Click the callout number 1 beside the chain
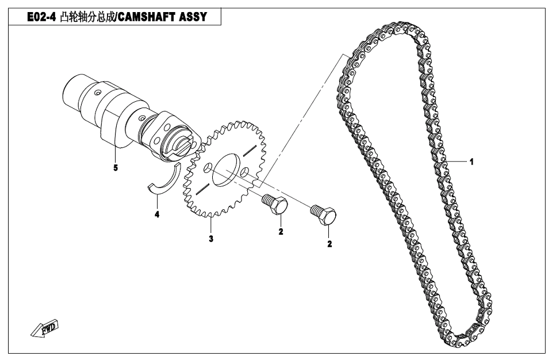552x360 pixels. click(x=471, y=162)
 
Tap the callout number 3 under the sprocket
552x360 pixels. click(x=211, y=239)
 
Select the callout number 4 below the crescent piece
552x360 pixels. click(x=157, y=214)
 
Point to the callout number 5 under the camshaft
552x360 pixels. click(x=116, y=168)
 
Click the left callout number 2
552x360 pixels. click(x=281, y=232)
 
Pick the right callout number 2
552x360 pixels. click(x=329, y=244)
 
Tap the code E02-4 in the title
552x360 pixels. click(x=41, y=17)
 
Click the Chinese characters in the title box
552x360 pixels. click(x=87, y=17)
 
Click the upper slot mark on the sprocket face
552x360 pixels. click(x=249, y=149)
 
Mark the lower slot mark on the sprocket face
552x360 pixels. click(x=202, y=189)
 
